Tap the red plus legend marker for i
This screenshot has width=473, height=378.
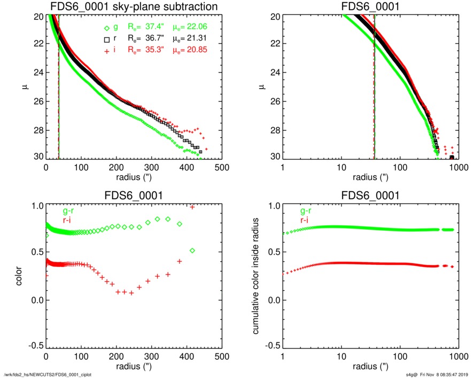(x=107, y=50)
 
